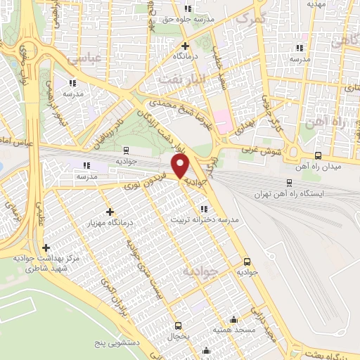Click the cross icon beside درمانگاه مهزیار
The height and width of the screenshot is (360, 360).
109,212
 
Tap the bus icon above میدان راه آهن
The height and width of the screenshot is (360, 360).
319,156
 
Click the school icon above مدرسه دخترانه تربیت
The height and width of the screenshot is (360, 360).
204,209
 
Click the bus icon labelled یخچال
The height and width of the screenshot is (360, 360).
178,326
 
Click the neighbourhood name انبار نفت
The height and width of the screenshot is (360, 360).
180,79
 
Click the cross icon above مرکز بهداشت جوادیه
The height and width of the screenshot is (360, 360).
46,247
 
